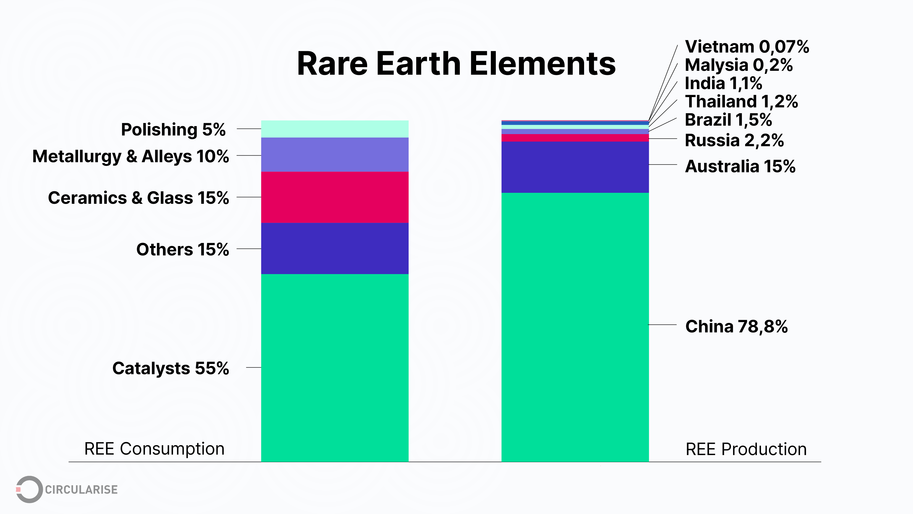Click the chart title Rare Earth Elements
[456, 64]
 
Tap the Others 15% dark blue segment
[335, 248]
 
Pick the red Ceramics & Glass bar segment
[335, 197]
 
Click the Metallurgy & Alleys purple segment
[335, 155]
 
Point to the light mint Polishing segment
[335, 129]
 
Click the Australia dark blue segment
[575, 167]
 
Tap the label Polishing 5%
[173, 130]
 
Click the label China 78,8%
[736, 326]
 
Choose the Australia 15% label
[740, 166]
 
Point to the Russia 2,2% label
[734, 140]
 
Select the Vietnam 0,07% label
[747, 47]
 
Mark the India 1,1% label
[723, 83]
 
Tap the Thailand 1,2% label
[741, 102]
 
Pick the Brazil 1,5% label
[728, 120]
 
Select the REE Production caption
[746, 449]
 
